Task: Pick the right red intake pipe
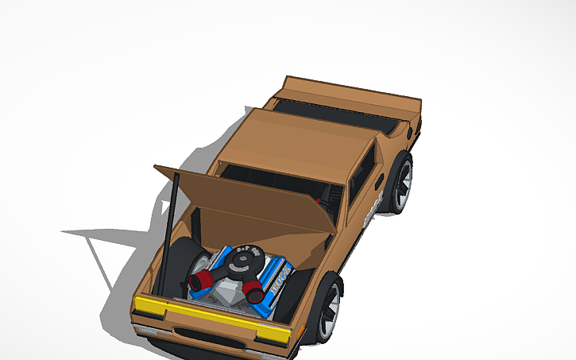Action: click(256, 292)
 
